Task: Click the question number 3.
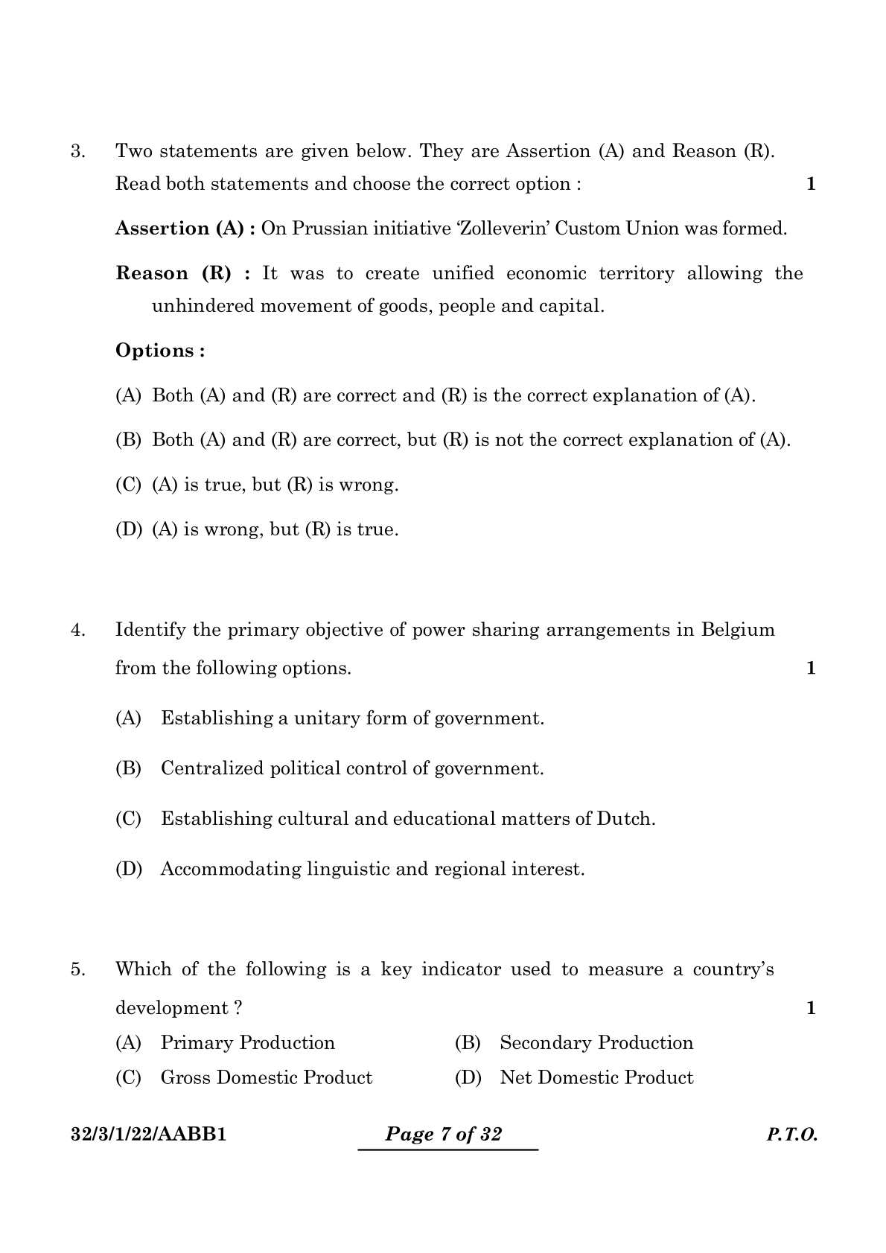[77, 152]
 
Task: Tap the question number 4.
[77, 631]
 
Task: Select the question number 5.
[77, 970]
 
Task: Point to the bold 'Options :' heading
[160, 351]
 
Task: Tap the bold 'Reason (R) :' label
[184, 273]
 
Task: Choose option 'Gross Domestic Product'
[266, 1078]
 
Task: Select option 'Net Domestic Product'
[596, 1078]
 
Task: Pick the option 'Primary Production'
[247, 1043]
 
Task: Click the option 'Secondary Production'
[596, 1043]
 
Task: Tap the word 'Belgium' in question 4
[737, 631]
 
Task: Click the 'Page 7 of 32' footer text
[444, 1135]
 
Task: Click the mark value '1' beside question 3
[811, 184]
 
